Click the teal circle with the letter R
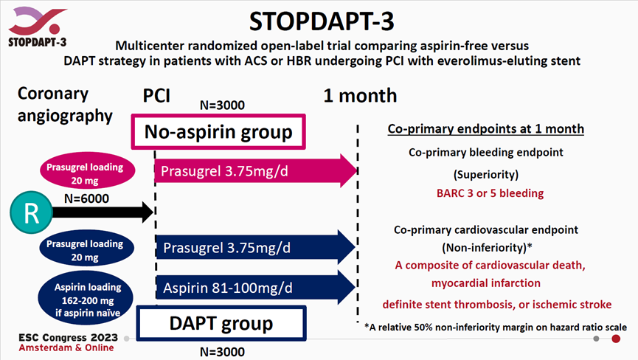31,212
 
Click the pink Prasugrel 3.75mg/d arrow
256,171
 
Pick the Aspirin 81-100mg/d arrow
255,288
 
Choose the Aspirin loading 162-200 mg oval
86,300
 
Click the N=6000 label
87,198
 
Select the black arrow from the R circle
103,212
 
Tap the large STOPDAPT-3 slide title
322,21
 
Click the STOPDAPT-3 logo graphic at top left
37,27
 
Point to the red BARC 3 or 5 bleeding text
490,193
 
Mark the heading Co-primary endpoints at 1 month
486,129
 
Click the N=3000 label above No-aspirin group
222,105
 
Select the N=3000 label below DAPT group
222,352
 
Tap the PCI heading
156,96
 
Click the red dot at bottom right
616,339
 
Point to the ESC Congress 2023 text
69,338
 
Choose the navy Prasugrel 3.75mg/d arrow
255,247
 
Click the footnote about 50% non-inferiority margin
496,327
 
